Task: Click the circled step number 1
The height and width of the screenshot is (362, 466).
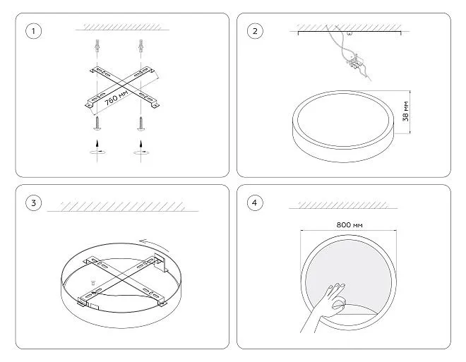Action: click(33, 31)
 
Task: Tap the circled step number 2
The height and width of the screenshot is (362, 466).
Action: click(255, 31)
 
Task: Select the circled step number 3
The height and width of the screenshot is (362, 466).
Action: click(33, 203)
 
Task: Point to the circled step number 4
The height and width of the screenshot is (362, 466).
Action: click(255, 203)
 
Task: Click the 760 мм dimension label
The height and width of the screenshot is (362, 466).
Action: click(116, 97)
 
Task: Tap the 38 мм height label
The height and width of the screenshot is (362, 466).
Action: click(405, 111)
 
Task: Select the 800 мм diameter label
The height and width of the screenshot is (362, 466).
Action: click(349, 225)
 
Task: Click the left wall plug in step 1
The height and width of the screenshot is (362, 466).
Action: click(97, 45)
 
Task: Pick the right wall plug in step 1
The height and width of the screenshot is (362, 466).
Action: click(141, 45)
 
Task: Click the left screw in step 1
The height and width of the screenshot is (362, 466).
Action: click(97, 123)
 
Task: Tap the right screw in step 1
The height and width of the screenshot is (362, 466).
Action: click(141, 123)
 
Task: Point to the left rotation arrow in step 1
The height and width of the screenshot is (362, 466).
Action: click(97, 148)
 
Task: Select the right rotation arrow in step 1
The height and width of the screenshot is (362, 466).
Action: click(141, 148)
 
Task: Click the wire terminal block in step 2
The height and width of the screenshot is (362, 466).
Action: click(354, 62)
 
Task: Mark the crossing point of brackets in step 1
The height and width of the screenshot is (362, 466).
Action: click(122, 87)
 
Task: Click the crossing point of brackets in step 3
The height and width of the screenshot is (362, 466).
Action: click(121, 278)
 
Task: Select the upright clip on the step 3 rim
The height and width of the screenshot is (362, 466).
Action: click(160, 263)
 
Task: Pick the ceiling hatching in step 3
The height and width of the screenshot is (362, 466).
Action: click(122, 207)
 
